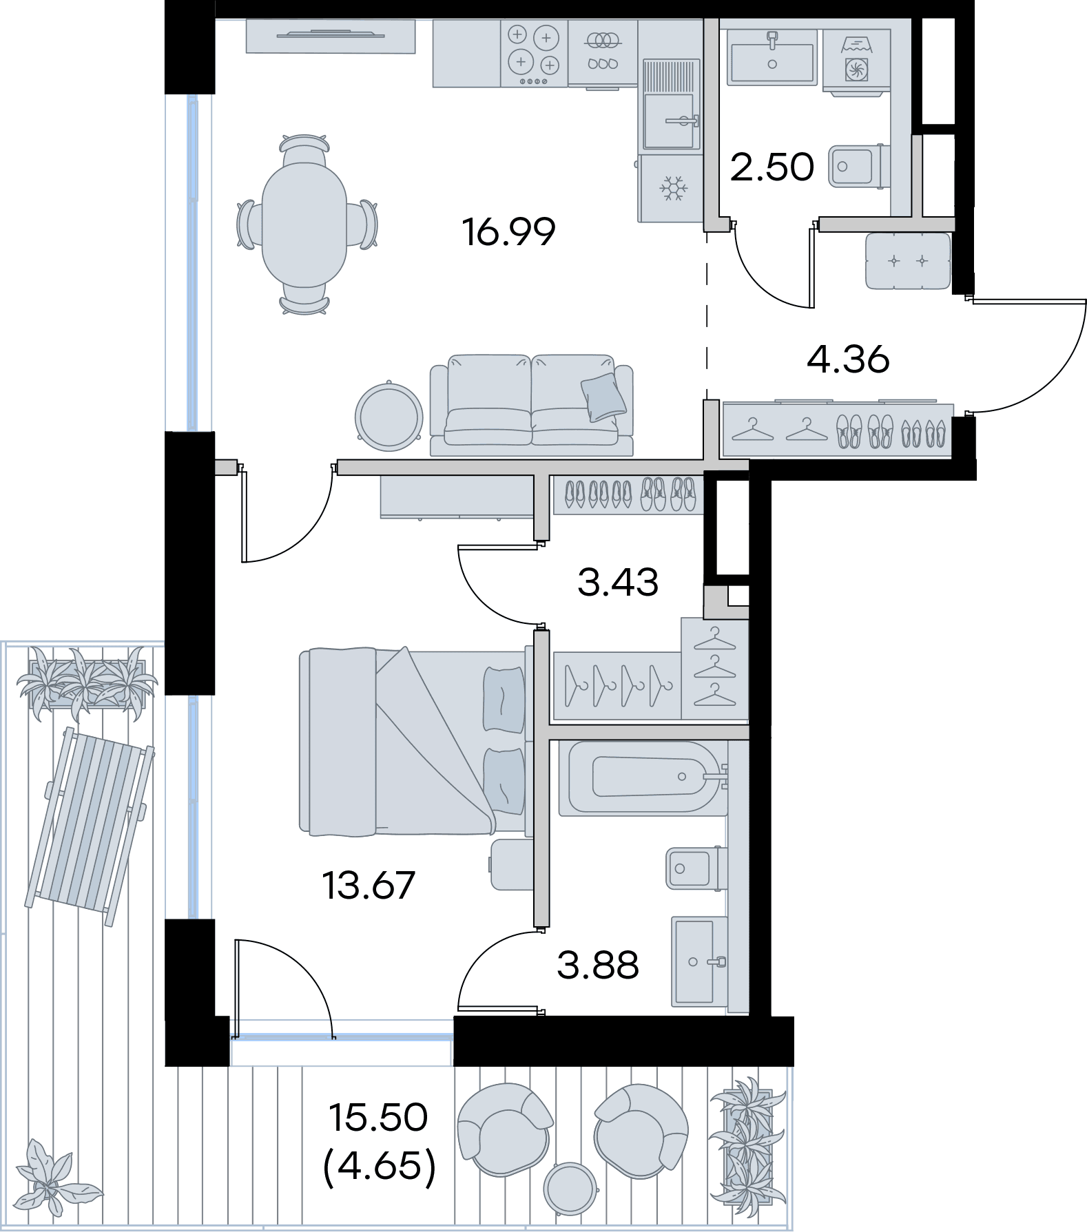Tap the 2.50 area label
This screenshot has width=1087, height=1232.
pyautogui.click(x=772, y=167)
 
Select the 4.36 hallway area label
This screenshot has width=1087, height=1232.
pyautogui.click(x=848, y=359)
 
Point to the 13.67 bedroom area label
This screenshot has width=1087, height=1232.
pyautogui.click(x=369, y=885)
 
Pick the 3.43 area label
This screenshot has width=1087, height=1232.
pyautogui.click(x=618, y=582)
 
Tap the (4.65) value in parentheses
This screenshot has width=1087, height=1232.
pyautogui.click(x=380, y=1166)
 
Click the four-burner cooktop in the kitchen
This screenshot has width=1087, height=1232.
pyautogui.click(x=534, y=54)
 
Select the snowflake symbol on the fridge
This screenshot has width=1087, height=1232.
pyautogui.click(x=670, y=188)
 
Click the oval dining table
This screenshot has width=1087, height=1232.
pyautogui.click(x=304, y=225)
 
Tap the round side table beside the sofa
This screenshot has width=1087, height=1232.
pyautogui.click(x=389, y=416)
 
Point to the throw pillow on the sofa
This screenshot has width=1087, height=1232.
pyautogui.click(x=603, y=397)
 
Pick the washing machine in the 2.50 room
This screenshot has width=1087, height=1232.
pyautogui.click(x=857, y=59)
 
